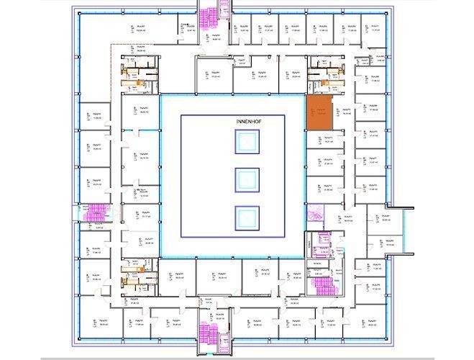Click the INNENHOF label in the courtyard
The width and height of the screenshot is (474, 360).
[x=246, y=123]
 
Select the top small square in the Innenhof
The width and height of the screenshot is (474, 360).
[x=246, y=143]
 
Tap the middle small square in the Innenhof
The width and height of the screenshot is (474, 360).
[x=246, y=179]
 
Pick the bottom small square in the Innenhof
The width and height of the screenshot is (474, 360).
[x=246, y=215]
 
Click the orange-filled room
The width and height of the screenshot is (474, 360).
[x=320, y=112]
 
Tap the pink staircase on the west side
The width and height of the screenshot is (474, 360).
[x=94, y=211]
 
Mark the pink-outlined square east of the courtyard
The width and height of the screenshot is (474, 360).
[x=314, y=214]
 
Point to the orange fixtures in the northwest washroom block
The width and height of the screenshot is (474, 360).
[x=131, y=78]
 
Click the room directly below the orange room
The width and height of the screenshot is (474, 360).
[x=320, y=140]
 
